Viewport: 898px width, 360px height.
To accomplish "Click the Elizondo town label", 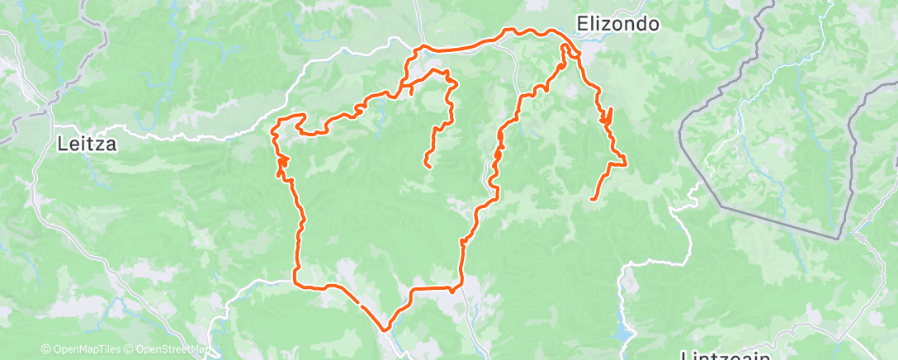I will tap(617, 24).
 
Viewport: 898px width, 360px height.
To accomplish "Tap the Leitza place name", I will tap(88, 144).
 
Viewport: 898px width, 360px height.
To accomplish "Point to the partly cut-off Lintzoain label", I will tap(725, 355).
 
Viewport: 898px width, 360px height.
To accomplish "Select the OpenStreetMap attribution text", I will tap(163, 350).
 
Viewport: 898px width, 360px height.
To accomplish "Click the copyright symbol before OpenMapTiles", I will tap(45, 350).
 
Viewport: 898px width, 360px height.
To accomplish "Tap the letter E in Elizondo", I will tap(582, 24).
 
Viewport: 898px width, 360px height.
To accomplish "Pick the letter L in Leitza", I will tap(62, 144).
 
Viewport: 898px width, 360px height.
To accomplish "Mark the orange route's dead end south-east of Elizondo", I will tap(593, 199).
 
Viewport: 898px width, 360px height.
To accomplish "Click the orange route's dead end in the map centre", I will tap(428, 167).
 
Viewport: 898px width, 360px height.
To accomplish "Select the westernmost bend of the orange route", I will tap(274, 130).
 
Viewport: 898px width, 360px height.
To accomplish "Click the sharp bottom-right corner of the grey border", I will tap(839, 239).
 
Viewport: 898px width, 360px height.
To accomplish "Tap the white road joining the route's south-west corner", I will tap(256, 285).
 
